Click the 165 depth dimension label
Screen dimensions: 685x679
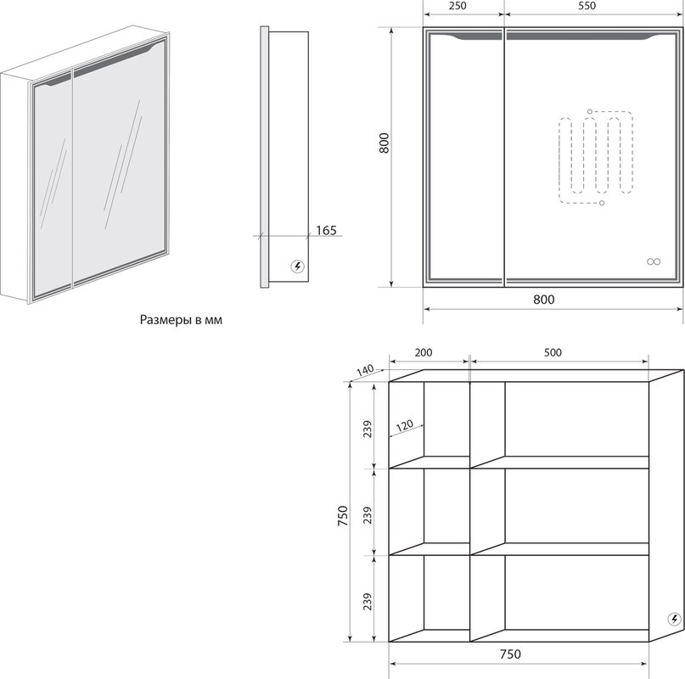(326, 230)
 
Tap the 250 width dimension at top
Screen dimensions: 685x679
(457, 6)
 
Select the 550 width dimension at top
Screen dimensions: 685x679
(587, 6)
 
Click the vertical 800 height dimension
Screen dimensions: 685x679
(384, 143)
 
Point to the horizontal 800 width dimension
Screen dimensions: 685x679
(543, 300)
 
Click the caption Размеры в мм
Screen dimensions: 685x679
(181, 320)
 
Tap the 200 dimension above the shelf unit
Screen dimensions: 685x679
(423, 352)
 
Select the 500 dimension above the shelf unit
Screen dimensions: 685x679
(553, 352)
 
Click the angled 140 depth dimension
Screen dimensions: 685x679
(365, 371)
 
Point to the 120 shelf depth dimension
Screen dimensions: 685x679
(405, 425)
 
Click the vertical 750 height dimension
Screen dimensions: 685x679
(343, 515)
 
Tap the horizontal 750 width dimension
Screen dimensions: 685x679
(510, 654)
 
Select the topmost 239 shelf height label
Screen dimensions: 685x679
(368, 429)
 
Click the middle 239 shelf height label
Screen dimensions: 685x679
(368, 515)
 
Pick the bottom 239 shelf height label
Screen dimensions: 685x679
(368, 602)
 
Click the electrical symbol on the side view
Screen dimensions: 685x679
(298, 267)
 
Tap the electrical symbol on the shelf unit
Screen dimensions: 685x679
(675, 619)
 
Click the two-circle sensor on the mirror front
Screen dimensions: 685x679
(654, 261)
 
